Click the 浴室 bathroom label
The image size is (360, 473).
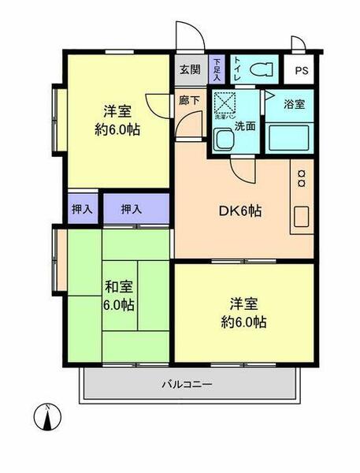295,103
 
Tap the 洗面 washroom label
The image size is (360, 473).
245,126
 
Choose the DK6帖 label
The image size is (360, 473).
239,211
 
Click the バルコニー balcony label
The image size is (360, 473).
187,385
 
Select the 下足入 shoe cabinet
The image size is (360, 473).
218,69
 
